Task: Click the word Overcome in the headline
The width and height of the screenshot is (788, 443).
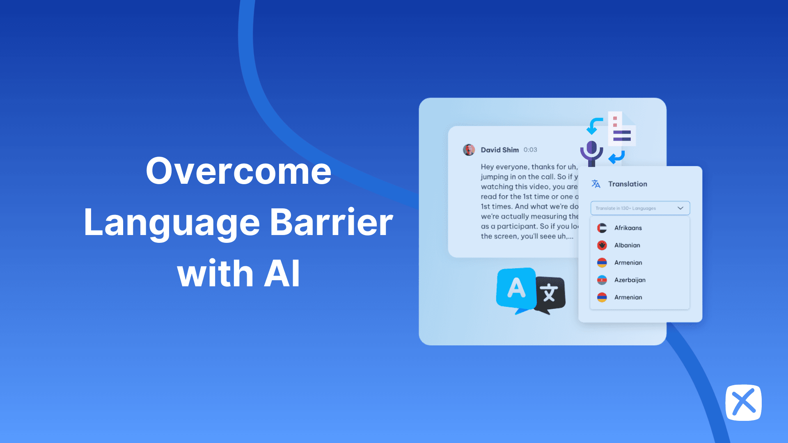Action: (x=238, y=171)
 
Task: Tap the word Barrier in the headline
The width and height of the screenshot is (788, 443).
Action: (x=332, y=222)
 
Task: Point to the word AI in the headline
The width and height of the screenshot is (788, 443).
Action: (x=282, y=274)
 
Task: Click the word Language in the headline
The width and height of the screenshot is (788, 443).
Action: (x=172, y=223)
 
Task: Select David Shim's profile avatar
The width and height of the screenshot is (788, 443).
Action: (x=469, y=150)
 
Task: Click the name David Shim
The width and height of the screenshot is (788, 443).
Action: (x=499, y=150)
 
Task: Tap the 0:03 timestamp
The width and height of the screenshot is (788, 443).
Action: (x=530, y=150)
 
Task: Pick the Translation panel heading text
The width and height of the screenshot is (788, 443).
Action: (x=628, y=184)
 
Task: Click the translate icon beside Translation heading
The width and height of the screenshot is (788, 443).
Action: (x=596, y=184)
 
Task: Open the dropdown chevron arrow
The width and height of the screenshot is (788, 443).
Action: (x=680, y=208)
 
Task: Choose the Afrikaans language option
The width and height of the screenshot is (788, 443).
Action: (x=628, y=228)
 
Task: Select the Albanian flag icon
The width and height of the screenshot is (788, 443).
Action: (x=602, y=245)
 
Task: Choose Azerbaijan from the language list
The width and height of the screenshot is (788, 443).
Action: (x=630, y=280)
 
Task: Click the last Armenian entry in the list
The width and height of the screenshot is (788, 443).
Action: (x=628, y=297)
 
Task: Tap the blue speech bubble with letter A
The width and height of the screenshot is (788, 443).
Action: (x=516, y=288)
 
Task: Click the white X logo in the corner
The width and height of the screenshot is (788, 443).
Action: (x=743, y=402)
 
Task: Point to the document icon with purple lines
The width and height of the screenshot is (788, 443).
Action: (x=621, y=129)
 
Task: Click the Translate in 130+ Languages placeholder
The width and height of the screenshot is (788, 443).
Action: (x=625, y=208)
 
